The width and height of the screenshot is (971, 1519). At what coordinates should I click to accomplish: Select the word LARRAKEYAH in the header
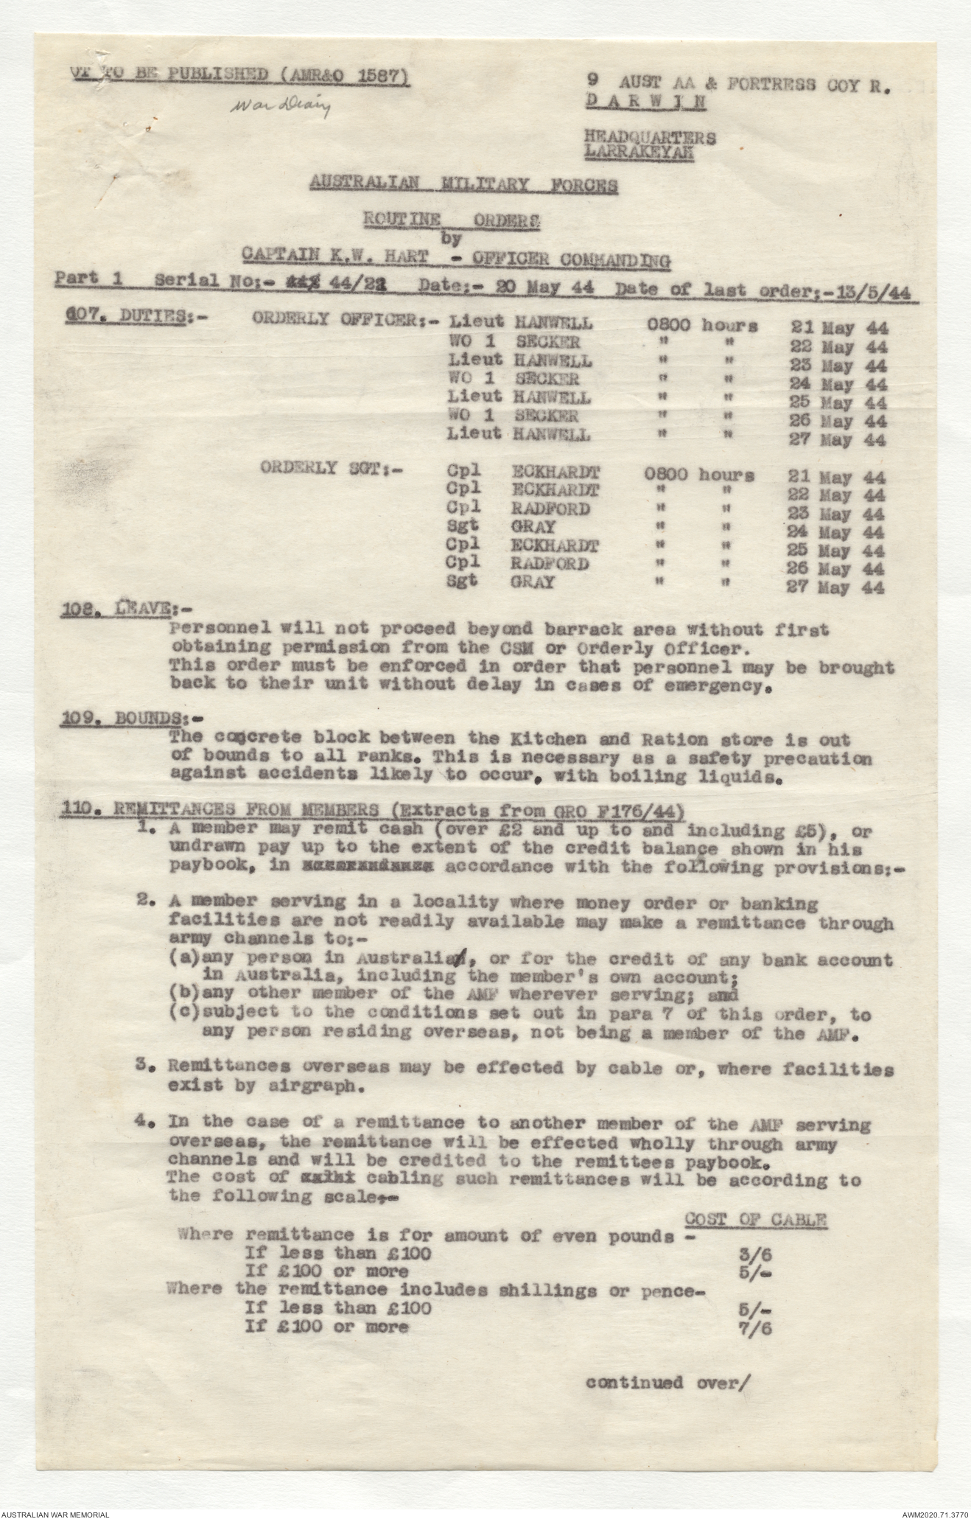coord(639,153)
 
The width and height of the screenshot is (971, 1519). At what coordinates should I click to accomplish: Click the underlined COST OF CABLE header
coord(755,1219)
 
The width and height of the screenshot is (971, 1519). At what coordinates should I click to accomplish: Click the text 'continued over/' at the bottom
coord(667,1383)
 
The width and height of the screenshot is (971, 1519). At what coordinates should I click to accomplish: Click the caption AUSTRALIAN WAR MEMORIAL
coord(56,1512)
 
